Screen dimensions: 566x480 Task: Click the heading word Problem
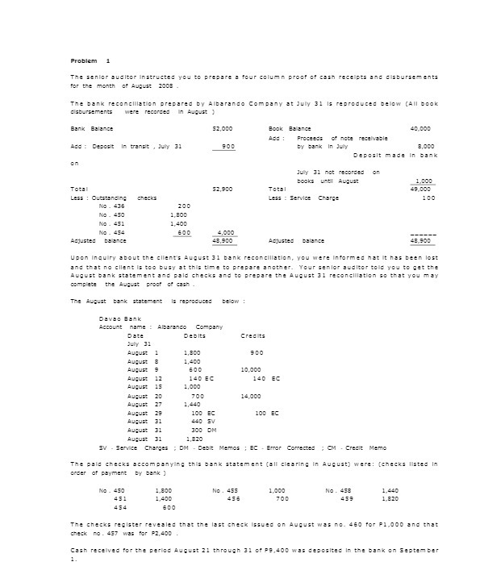84,61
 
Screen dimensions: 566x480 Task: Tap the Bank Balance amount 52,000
222,129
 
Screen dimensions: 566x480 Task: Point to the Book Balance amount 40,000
420,129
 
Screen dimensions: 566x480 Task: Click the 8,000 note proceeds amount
427,146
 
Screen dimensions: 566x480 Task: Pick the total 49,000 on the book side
420,189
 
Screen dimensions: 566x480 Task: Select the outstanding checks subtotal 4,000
226,232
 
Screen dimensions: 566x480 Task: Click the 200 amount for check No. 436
183,206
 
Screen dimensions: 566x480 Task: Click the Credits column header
253,335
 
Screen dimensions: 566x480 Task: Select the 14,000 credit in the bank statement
251,396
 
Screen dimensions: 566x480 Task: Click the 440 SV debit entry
202,422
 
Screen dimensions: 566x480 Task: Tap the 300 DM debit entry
202,431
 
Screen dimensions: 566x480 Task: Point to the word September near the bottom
418,550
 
